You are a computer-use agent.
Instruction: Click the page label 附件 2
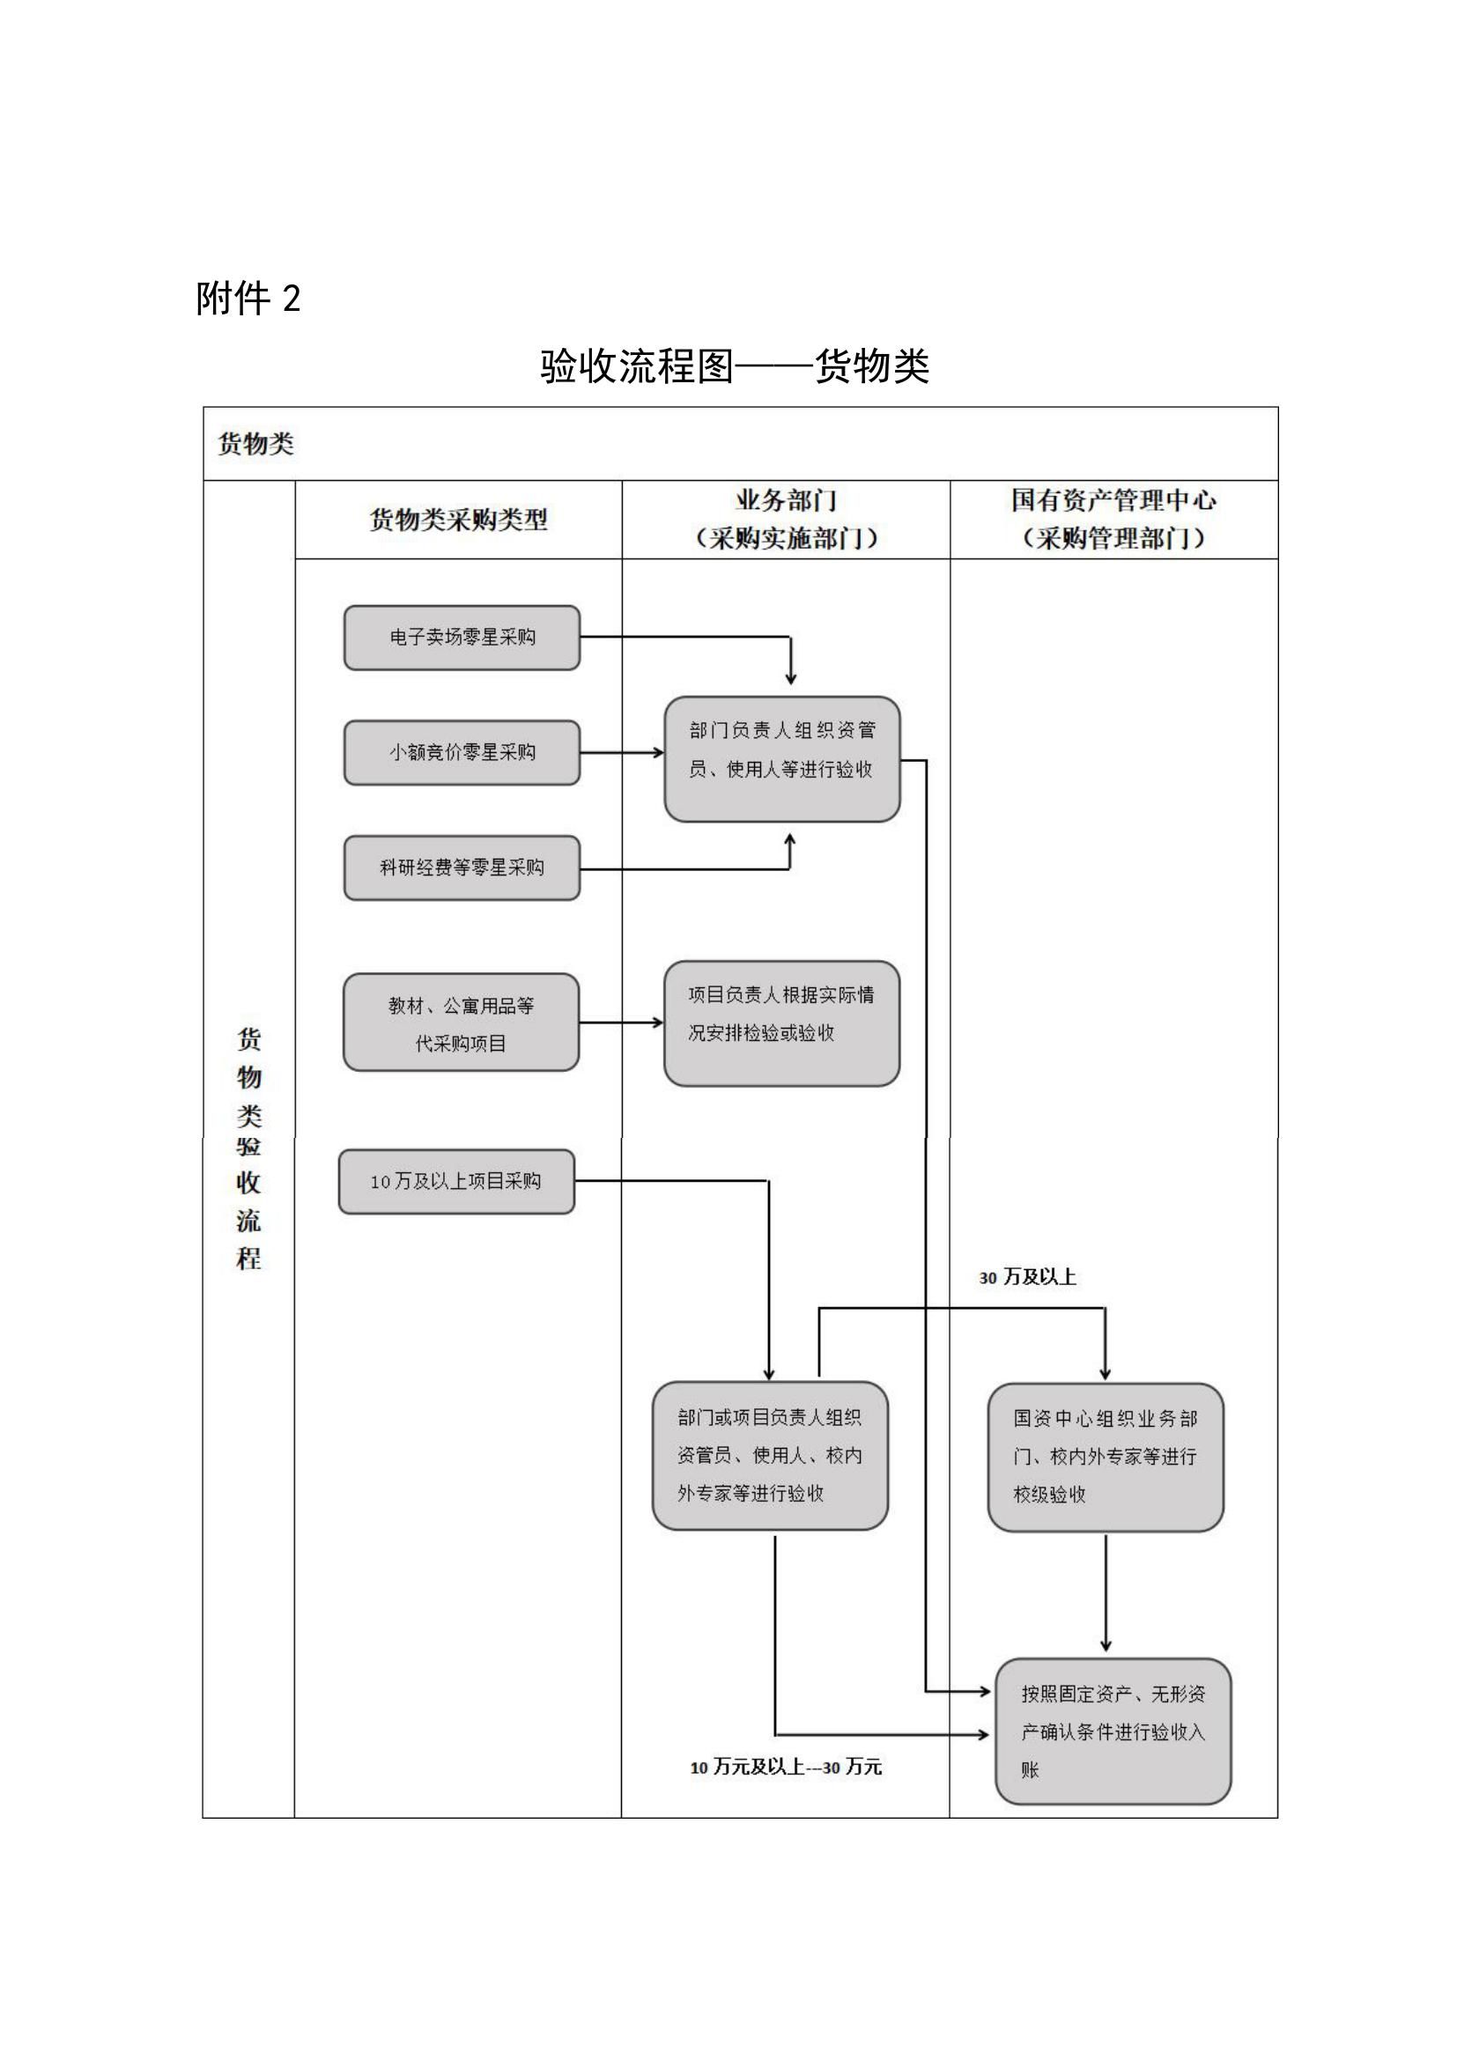(248, 299)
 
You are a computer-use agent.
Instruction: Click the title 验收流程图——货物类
(734, 366)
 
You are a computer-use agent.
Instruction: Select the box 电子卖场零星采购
(462, 637)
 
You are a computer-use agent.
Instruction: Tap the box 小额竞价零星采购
(462, 752)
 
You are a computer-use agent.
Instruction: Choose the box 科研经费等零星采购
(462, 868)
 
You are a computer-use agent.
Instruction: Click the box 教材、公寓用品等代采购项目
(461, 1023)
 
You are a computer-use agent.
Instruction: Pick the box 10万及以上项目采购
(455, 1182)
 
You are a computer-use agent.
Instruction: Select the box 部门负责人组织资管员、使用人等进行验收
(781, 758)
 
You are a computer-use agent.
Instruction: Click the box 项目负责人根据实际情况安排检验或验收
(781, 1023)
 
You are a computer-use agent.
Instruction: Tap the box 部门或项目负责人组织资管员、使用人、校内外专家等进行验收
(770, 1456)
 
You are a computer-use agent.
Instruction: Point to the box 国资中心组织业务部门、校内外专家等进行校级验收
(1106, 1457)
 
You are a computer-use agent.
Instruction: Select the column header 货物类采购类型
(458, 520)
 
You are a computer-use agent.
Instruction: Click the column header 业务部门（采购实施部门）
(786, 520)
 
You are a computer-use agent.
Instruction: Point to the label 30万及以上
(1027, 1278)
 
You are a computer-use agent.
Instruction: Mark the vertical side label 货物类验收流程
(248, 1148)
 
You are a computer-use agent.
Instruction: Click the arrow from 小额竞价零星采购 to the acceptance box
(622, 753)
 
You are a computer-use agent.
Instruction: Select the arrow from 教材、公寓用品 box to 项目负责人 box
(621, 1023)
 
